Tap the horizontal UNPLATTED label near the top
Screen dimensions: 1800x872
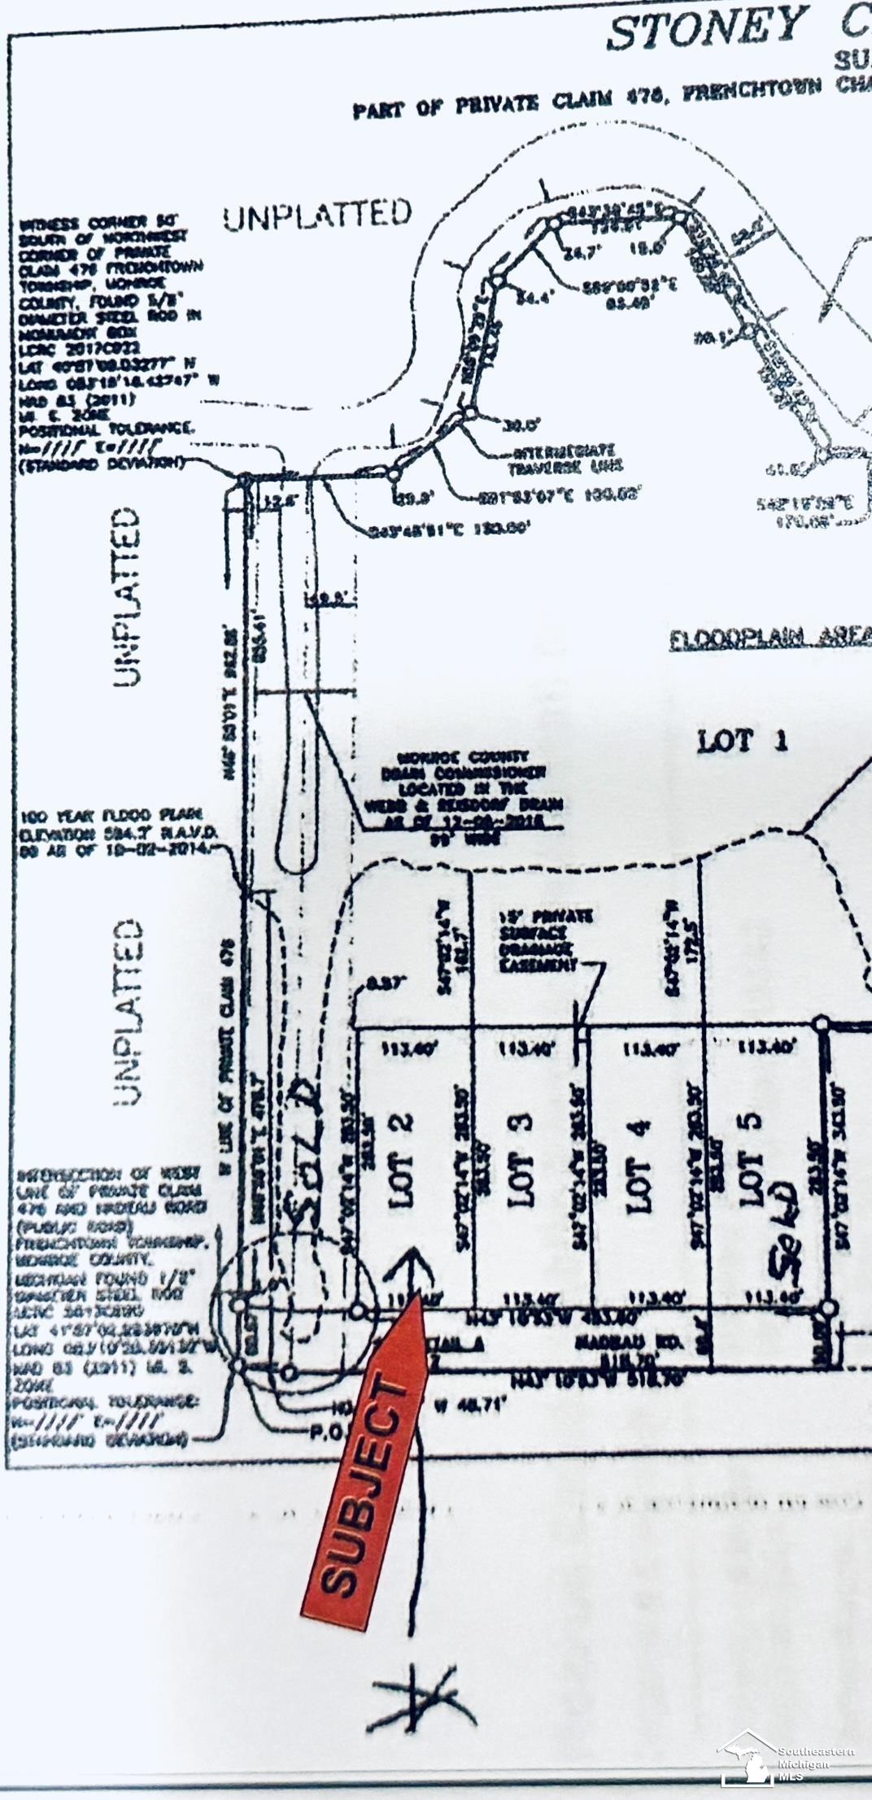click(x=317, y=215)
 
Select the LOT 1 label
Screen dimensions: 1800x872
click(x=742, y=741)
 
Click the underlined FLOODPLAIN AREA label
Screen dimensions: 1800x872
click(x=769, y=639)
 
